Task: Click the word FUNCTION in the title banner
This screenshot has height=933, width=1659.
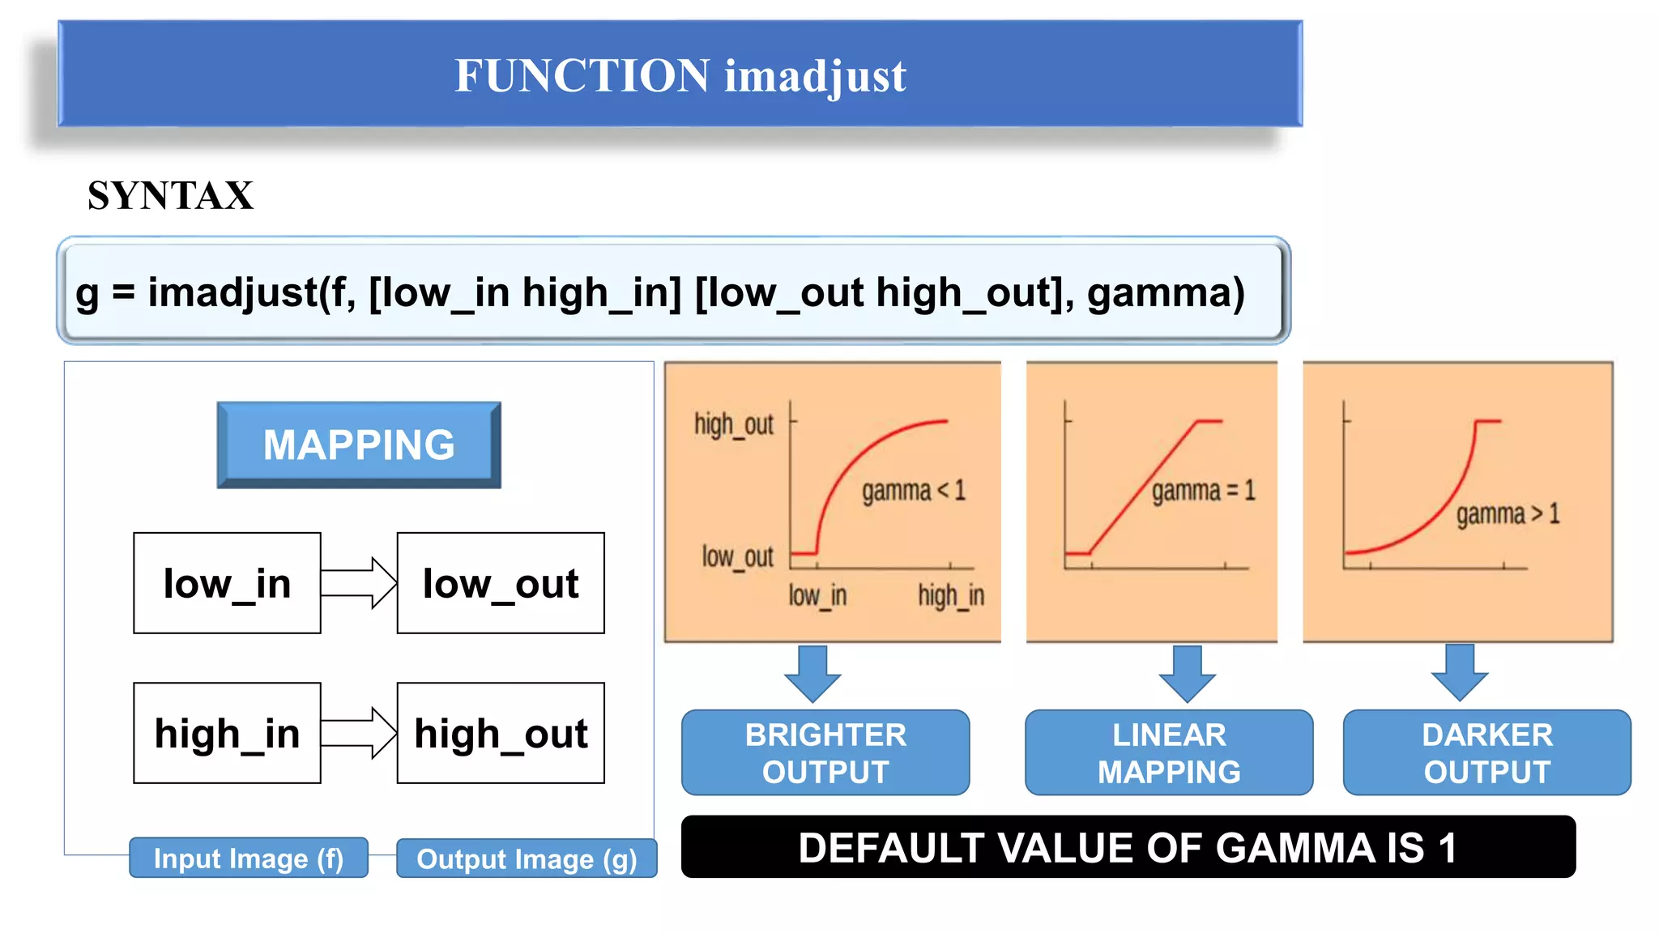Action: (x=582, y=75)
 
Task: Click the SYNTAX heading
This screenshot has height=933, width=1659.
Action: (x=170, y=195)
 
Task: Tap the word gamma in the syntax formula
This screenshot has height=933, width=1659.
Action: (x=1159, y=292)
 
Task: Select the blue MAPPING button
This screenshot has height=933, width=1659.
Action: (x=359, y=445)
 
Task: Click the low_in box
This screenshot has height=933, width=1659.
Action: (x=227, y=583)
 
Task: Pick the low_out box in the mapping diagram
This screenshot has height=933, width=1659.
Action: (x=501, y=583)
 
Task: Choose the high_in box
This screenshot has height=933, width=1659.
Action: (x=227, y=733)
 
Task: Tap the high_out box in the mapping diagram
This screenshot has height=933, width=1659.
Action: (x=501, y=733)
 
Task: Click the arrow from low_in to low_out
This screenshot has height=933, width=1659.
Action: (x=359, y=583)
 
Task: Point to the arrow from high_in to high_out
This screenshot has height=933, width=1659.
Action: (x=359, y=733)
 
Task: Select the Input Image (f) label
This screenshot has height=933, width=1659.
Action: (x=249, y=858)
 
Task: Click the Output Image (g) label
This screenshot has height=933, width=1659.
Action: (x=527, y=858)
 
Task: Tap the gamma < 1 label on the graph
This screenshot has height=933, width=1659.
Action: (x=913, y=491)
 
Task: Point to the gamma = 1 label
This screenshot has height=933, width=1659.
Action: (x=1203, y=491)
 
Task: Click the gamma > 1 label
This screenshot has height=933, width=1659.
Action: (x=1507, y=514)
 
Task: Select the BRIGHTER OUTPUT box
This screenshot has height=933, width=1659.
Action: (x=825, y=753)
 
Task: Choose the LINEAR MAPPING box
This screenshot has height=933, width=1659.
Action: (x=1169, y=753)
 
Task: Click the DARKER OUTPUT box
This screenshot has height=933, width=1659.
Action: (x=1487, y=753)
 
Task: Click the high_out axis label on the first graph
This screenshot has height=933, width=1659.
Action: (x=734, y=424)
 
